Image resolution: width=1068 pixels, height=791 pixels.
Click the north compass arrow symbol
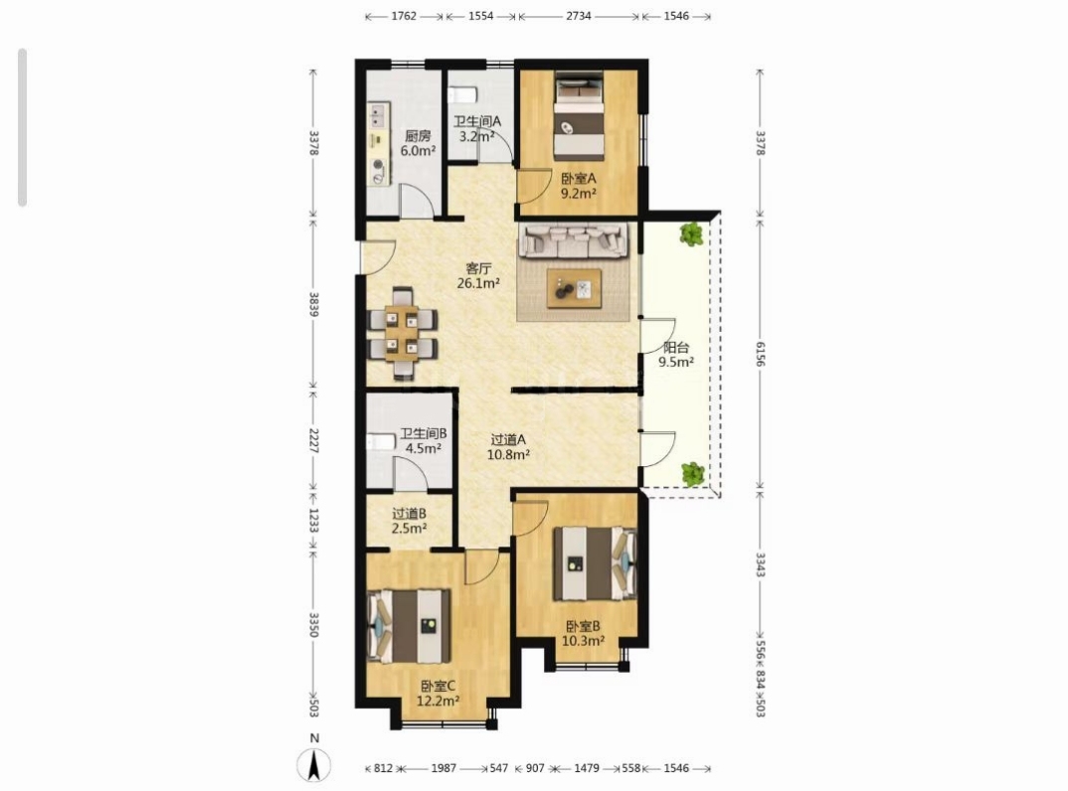click(314, 764)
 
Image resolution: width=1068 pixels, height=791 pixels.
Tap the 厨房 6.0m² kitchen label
click(419, 144)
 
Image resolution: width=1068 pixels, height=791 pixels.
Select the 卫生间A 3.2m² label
click(477, 128)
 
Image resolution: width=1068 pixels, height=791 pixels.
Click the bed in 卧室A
click(579, 115)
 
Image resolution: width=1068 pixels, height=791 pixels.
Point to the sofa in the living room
click(573, 240)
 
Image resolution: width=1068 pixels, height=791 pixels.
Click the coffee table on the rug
click(574, 288)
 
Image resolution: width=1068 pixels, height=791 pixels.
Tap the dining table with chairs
click(403, 332)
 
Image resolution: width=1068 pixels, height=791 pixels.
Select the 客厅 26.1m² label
click(478, 275)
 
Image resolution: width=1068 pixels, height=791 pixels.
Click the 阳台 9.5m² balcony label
click(675, 355)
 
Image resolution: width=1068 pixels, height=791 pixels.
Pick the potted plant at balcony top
click(691, 235)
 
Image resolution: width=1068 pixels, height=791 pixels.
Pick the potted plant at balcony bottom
click(693, 474)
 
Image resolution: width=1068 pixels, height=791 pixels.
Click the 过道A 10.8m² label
click(508, 447)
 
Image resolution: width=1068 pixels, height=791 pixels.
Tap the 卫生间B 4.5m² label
click(423, 440)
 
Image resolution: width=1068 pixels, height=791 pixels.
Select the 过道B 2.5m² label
click(410, 521)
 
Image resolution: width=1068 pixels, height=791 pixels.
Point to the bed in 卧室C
click(410, 626)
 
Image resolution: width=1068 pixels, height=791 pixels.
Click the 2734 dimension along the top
click(579, 16)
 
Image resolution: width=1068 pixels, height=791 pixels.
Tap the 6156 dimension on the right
click(760, 354)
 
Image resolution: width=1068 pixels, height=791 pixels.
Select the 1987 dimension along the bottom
click(444, 768)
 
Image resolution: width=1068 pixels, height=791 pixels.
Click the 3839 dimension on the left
click(314, 304)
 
